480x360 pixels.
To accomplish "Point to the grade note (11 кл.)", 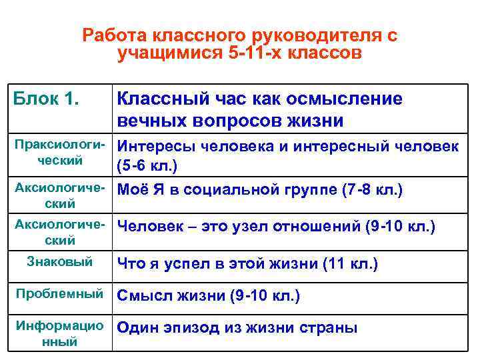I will [350, 264].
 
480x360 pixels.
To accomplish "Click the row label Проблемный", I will [59, 294].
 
